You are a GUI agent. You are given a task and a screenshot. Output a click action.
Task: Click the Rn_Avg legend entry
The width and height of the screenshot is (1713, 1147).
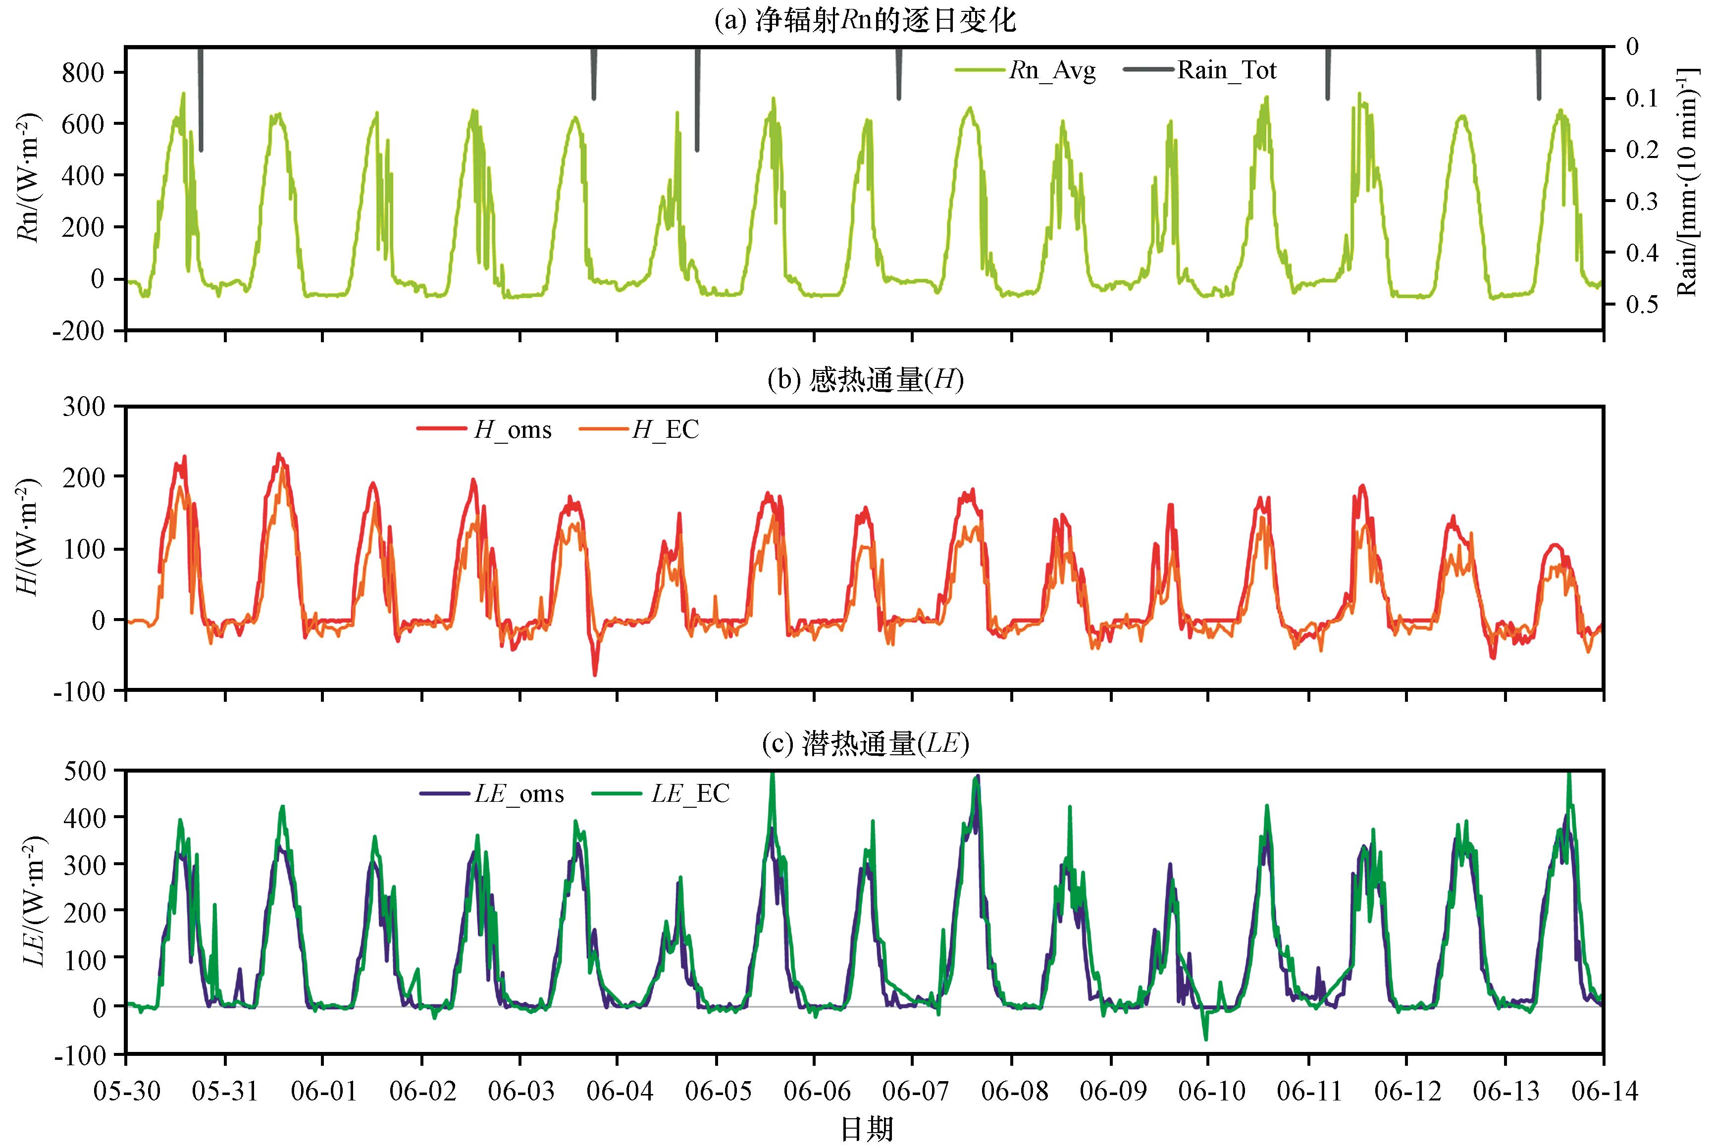point(1026,71)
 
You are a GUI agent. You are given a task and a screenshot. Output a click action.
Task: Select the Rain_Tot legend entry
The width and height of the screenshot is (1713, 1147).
point(1199,71)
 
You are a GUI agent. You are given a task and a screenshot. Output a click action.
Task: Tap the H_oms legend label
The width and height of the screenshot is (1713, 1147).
point(484,429)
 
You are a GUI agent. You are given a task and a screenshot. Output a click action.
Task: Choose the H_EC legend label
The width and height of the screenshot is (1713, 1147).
point(638,429)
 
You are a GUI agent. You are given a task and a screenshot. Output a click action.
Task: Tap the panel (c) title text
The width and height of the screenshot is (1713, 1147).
point(865,745)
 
